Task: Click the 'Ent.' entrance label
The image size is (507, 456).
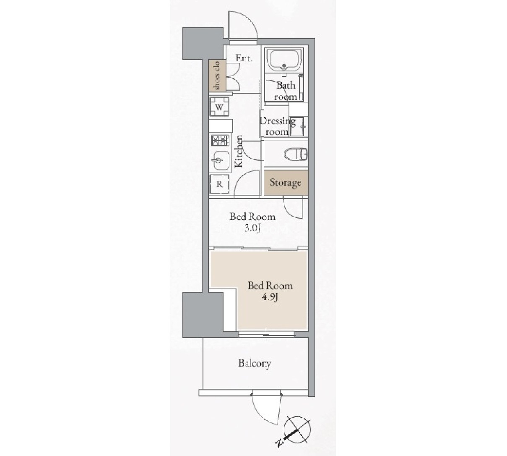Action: pos(244,58)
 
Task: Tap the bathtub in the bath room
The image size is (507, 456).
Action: pos(284,60)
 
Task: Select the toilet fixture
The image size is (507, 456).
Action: pos(296,153)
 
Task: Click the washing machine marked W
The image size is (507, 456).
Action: pos(219,107)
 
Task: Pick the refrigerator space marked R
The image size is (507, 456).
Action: pos(219,184)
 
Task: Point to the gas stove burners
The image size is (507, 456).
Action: pos(220,140)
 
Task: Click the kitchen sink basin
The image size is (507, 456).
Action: pos(221,160)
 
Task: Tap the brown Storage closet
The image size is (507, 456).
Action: pos(286,183)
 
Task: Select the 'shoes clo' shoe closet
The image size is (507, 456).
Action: pos(217,76)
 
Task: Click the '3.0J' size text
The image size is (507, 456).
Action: pos(252,228)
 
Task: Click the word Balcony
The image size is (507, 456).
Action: pos(254,363)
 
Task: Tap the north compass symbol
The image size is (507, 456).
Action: pos(298,430)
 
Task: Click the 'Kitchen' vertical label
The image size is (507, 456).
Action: pos(239,151)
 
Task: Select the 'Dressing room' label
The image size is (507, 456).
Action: pos(277,126)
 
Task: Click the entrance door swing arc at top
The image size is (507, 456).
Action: pos(243,25)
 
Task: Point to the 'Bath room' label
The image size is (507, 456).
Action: pos(286,91)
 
